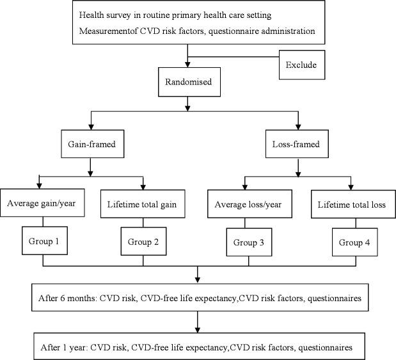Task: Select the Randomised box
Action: point(189,82)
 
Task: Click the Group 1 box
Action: point(44,242)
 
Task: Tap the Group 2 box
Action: point(143,243)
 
